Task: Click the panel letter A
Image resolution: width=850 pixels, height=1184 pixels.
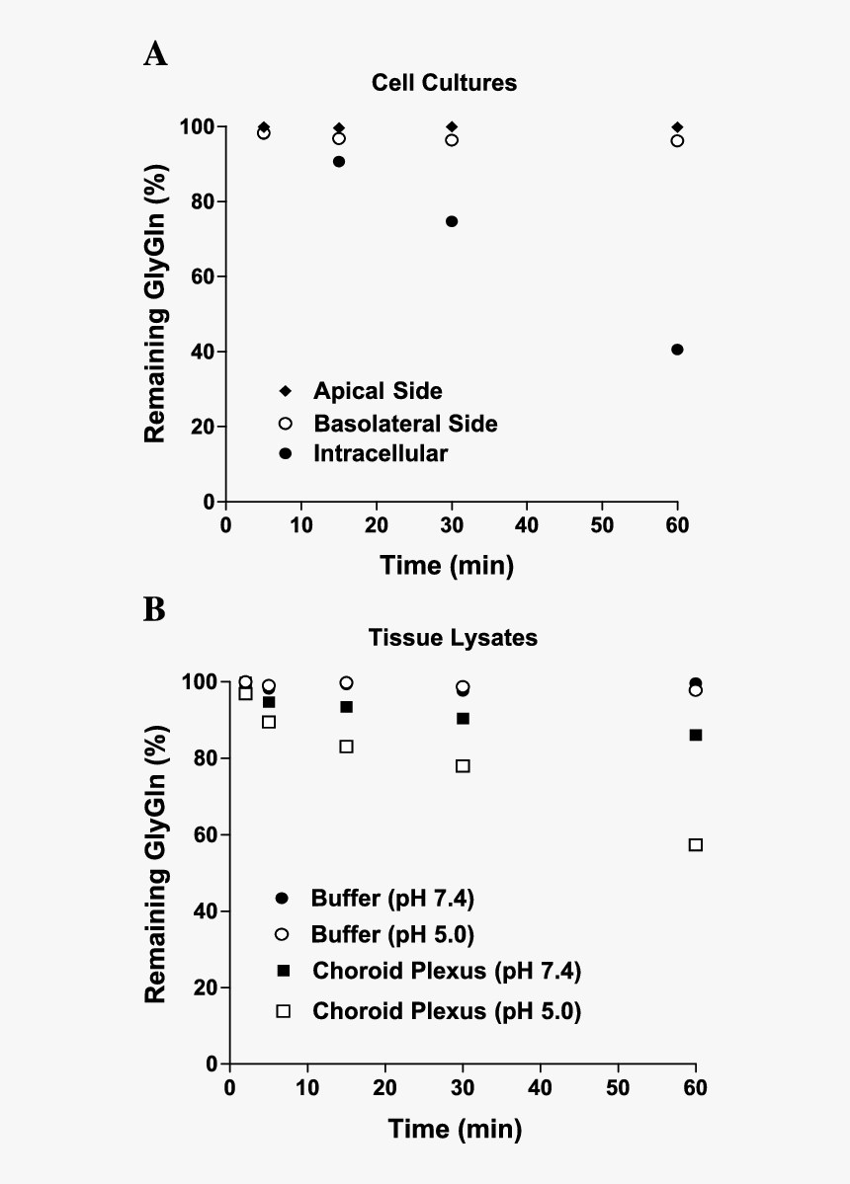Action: click(155, 53)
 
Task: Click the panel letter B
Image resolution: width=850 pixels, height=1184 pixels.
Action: click(154, 609)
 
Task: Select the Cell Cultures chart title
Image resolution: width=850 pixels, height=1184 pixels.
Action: click(444, 83)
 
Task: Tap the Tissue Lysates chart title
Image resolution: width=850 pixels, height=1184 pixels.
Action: click(453, 638)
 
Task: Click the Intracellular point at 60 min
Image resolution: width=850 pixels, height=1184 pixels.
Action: click(677, 350)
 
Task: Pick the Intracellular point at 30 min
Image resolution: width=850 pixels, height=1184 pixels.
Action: click(452, 221)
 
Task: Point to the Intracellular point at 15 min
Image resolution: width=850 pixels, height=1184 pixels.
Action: click(339, 161)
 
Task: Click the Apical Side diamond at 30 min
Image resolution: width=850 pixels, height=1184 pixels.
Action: click(452, 127)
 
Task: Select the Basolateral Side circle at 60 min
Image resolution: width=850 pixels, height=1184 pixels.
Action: click(677, 140)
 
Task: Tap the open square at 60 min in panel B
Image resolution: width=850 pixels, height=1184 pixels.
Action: click(696, 844)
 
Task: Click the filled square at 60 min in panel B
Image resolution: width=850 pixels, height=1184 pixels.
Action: click(696, 735)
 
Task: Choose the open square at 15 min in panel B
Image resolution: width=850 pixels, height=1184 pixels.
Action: click(347, 747)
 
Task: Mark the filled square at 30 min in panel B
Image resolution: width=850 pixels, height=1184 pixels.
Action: click(463, 718)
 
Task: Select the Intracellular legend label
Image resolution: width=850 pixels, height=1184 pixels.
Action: click(381, 454)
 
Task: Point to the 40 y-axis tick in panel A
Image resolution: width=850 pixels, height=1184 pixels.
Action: click(207, 352)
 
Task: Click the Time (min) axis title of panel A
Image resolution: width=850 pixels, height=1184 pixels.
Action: click(448, 566)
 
